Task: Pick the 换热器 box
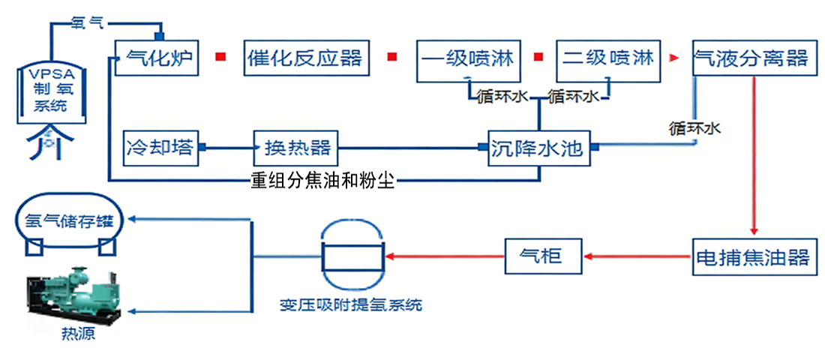click(296, 147)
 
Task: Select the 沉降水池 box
click(538, 148)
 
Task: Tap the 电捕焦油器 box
click(751, 257)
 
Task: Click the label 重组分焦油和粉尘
click(322, 181)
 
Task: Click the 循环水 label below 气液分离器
click(694, 127)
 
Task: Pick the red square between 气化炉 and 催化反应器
click(220, 58)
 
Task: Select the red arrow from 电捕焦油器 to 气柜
click(637, 257)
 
